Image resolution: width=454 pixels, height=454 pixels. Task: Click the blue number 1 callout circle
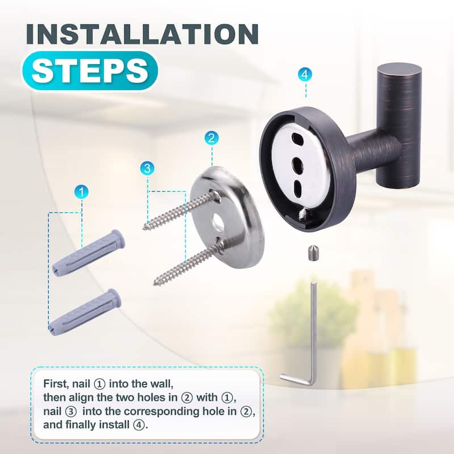pyautogui.click(x=82, y=192)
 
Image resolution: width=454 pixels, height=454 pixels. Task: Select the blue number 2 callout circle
pyautogui.click(x=211, y=137)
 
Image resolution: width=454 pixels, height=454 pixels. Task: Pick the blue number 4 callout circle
pyautogui.click(x=305, y=74)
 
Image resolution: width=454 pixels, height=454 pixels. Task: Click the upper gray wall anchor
pyautogui.click(x=89, y=251)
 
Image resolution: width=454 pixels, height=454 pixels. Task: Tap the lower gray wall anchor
pyautogui.click(x=85, y=312)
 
